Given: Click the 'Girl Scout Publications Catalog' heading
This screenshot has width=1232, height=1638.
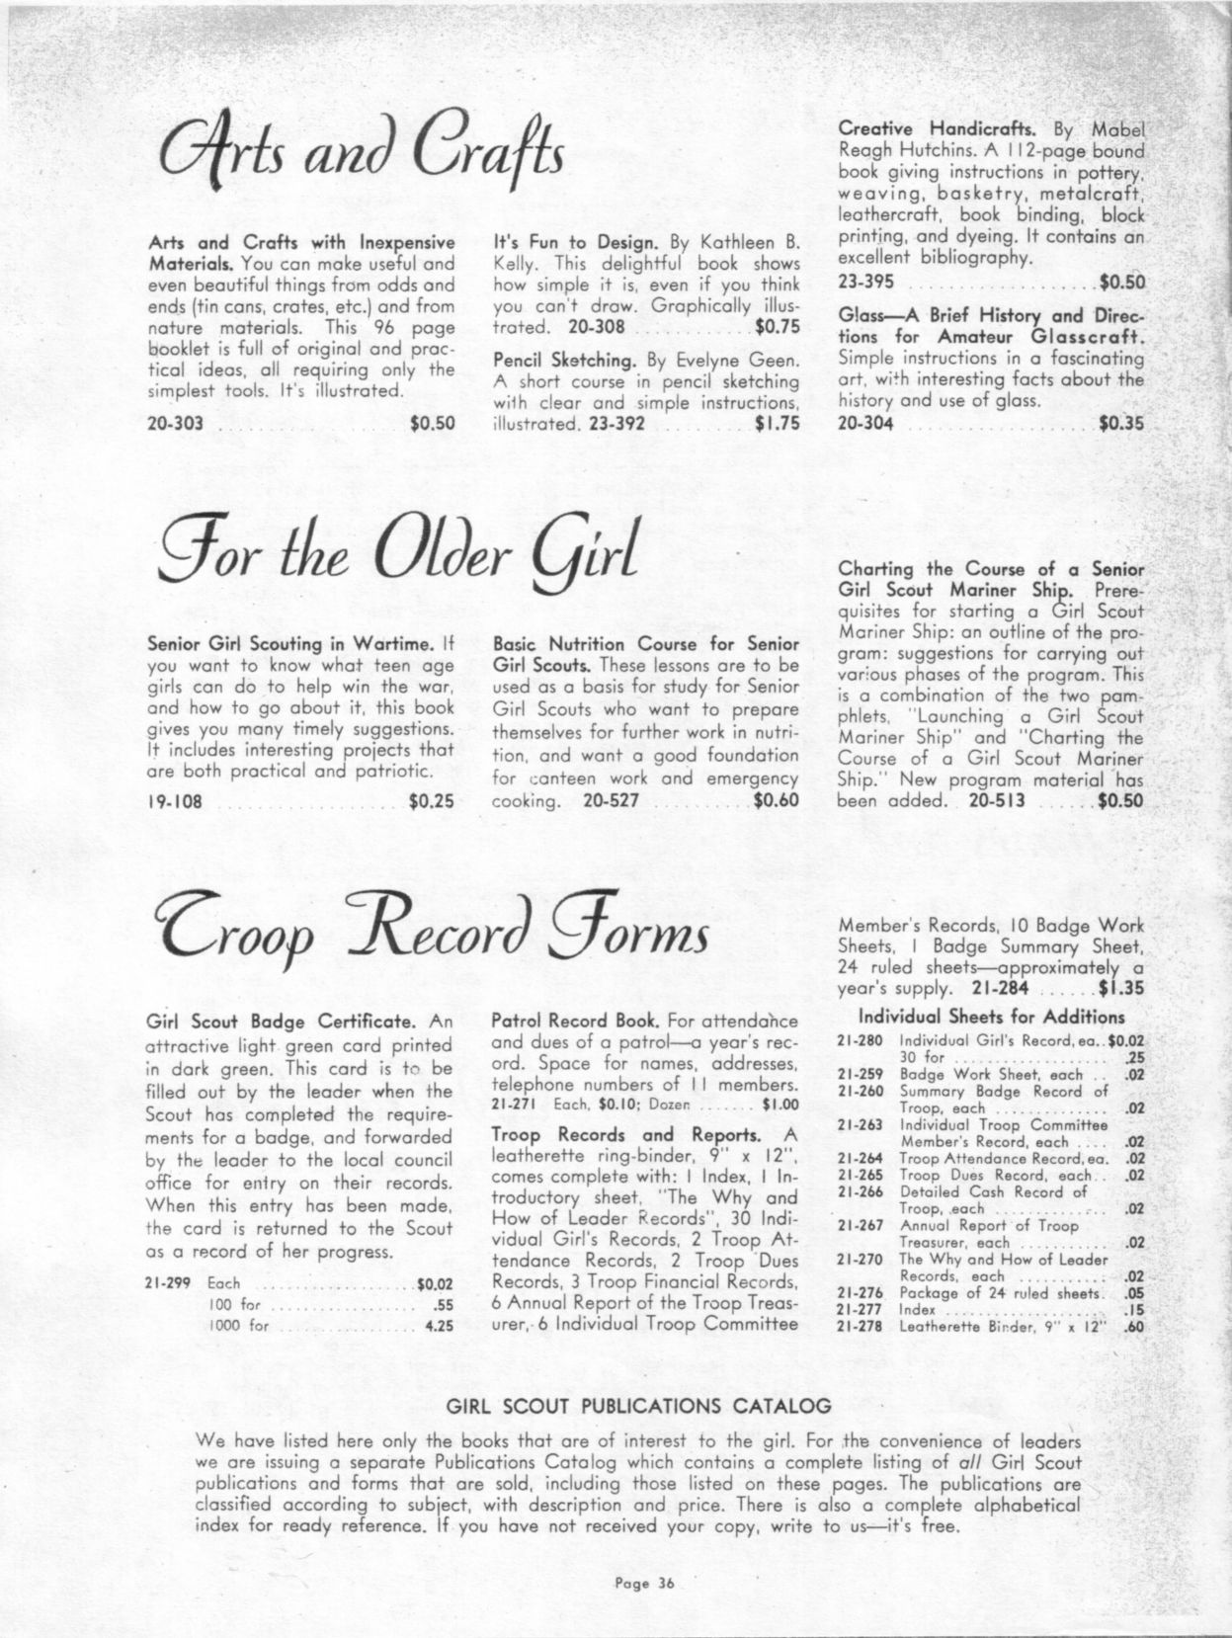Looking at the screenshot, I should coord(639,1404).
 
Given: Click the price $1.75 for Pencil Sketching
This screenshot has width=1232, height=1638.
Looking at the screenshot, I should coord(776,424).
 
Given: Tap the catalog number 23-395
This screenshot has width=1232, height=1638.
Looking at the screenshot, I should coord(865,282).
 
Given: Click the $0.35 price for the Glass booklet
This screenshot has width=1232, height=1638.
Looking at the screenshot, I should coord(1120,424).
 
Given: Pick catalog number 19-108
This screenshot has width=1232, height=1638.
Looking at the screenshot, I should coord(174,801).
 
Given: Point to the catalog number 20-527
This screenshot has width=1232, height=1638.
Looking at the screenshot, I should coord(611,800).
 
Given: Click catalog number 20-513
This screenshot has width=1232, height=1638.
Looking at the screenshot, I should coord(996,800).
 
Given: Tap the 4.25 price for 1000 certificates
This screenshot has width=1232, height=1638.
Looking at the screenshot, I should coord(439,1327).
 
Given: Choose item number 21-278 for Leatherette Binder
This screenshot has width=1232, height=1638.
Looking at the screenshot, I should coord(858,1327).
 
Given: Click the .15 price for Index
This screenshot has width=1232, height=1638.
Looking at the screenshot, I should coord(1134,1310).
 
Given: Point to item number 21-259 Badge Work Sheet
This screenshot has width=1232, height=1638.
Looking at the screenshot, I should coord(858,1074).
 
